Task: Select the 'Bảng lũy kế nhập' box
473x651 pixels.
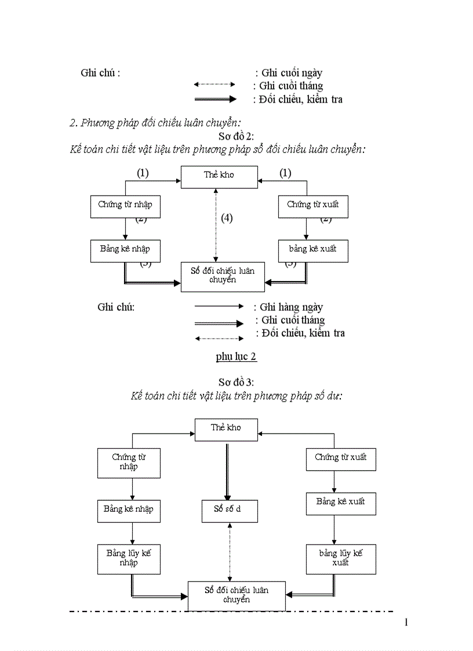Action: tap(129, 558)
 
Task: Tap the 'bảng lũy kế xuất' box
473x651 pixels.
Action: tap(341, 558)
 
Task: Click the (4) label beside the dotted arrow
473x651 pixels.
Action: tap(227, 218)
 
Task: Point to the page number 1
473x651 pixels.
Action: tap(406, 623)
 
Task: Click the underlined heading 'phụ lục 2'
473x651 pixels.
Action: tap(236, 357)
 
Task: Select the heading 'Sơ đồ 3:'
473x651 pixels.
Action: tap(236, 382)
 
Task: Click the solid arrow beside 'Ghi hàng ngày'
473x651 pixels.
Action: tap(219, 306)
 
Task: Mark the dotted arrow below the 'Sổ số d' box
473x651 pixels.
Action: tap(230, 551)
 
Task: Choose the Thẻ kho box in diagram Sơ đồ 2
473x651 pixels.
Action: tap(219, 176)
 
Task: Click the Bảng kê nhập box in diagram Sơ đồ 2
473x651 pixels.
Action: tap(125, 250)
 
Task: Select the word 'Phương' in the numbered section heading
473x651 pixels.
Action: tap(98, 123)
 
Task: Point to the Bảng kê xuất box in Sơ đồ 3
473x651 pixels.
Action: tap(341, 503)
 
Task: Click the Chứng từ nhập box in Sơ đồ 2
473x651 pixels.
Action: tap(125, 206)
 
